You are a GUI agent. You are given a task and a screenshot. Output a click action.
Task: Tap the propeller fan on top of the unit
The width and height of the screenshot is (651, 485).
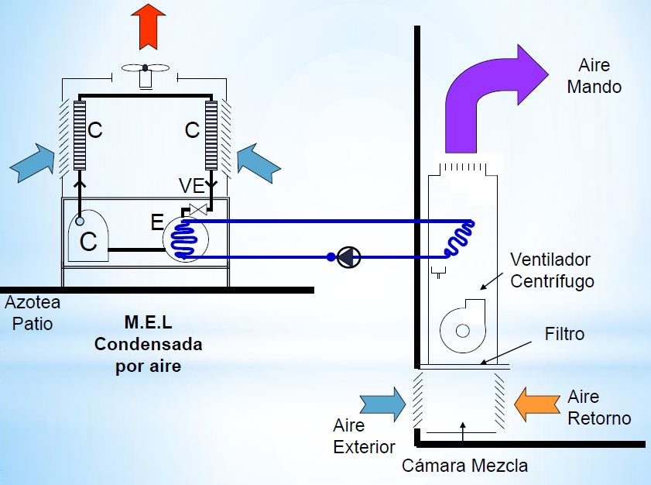click(144, 71)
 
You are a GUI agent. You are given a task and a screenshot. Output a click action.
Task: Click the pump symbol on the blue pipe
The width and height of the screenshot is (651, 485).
click(348, 257)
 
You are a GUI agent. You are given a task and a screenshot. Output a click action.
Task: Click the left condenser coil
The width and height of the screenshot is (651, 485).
click(79, 135)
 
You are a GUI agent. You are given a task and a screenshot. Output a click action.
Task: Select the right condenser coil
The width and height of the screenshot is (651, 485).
click(210, 135)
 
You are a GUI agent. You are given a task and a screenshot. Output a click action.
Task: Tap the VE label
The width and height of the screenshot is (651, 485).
click(190, 185)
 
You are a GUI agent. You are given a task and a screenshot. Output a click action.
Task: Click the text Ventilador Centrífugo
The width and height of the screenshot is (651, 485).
click(550, 270)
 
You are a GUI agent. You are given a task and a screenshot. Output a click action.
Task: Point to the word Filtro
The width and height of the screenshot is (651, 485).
click(564, 335)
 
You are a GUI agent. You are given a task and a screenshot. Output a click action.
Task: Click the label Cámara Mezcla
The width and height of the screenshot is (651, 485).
click(464, 466)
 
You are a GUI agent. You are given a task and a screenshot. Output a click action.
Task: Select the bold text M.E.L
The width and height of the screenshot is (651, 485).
click(147, 322)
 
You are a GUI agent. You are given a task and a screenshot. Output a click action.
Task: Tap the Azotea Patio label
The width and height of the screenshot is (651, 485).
click(33, 312)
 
